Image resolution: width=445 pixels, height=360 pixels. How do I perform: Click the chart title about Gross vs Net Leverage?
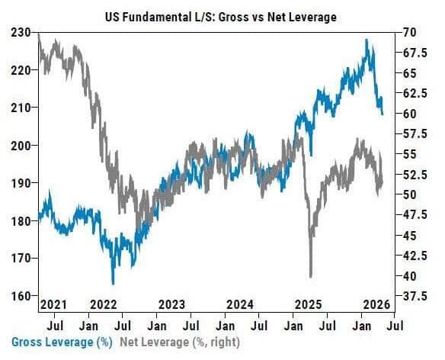[221, 17]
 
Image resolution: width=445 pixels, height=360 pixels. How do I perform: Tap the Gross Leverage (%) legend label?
[62, 342]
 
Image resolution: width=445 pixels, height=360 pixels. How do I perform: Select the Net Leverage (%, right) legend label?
[180, 342]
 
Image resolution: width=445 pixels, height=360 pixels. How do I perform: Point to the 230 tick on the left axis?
[21, 33]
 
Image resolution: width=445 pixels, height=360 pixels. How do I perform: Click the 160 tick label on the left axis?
[21, 296]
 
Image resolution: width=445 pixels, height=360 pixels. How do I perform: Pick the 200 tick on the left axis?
[21, 145]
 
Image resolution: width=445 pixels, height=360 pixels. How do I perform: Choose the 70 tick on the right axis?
[409, 32]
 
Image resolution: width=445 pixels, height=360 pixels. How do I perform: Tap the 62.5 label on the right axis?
[415, 93]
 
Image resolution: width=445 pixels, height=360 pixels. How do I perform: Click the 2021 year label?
[53, 304]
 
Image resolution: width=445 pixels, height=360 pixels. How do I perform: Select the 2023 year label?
[171, 304]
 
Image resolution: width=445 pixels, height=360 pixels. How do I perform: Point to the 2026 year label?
[377, 304]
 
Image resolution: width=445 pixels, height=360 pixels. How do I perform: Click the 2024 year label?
[240, 304]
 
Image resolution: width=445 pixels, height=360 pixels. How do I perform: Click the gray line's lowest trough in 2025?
[311, 276]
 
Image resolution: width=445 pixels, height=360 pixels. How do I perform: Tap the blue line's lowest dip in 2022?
[114, 283]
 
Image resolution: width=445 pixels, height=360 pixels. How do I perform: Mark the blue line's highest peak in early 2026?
[367, 40]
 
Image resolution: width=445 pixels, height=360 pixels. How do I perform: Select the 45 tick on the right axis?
[409, 235]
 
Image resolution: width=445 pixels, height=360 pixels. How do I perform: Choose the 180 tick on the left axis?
[21, 220]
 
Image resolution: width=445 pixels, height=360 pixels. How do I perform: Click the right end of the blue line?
[383, 114]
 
